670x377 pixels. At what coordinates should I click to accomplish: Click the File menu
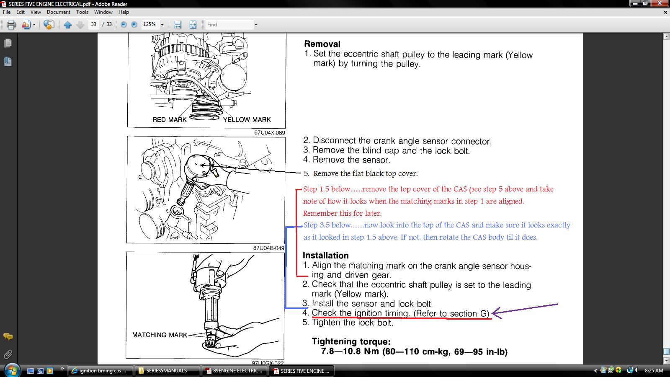(7, 12)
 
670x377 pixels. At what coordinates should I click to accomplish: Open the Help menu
(124, 12)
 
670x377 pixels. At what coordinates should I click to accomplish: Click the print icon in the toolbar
(11, 25)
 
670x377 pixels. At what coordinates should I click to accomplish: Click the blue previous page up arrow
(67, 25)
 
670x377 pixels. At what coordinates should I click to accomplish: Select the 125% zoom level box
(149, 25)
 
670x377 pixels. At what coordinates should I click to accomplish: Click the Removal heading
(322, 44)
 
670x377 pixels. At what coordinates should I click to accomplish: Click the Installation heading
(326, 255)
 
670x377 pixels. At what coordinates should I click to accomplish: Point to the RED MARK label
(169, 120)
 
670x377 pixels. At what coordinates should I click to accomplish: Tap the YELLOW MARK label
(247, 120)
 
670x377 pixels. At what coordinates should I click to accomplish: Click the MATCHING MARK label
(160, 335)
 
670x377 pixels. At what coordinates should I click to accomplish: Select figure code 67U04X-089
(270, 132)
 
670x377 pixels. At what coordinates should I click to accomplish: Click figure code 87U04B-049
(268, 248)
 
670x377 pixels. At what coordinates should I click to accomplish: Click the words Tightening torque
(351, 341)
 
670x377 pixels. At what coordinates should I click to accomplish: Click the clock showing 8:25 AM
(654, 371)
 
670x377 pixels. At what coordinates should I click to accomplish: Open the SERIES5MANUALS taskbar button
(167, 371)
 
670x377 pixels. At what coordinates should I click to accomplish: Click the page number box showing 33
(94, 25)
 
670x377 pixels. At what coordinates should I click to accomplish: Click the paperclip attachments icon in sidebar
(8, 354)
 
